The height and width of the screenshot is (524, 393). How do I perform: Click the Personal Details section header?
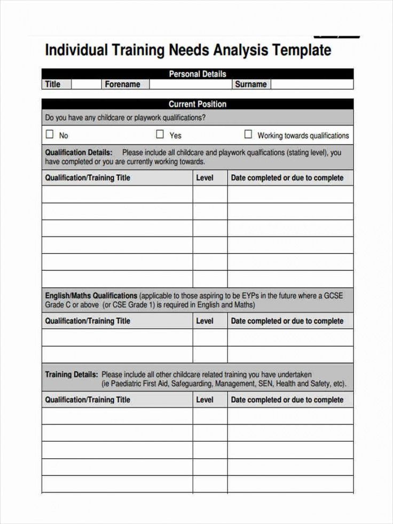click(x=197, y=74)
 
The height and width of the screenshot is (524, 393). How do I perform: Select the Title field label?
click(x=53, y=84)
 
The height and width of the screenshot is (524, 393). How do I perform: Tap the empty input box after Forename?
click(x=190, y=84)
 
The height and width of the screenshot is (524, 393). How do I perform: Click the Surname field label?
click(x=250, y=84)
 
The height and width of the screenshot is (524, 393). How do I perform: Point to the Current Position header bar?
click(x=197, y=104)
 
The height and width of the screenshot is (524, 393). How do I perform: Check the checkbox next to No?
click(x=50, y=135)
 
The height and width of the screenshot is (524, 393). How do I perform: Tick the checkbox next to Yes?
click(x=160, y=135)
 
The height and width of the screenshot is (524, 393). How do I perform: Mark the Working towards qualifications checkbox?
click(x=248, y=135)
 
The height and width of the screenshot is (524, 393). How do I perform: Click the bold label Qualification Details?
click(x=78, y=152)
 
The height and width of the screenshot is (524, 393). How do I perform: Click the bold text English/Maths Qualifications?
click(x=91, y=295)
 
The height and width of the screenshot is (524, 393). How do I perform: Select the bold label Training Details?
click(x=72, y=374)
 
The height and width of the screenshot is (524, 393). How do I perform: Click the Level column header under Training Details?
click(x=205, y=400)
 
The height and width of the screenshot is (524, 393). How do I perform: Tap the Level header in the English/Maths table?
click(x=205, y=321)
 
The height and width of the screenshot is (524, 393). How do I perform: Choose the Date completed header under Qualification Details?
click(x=287, y=178)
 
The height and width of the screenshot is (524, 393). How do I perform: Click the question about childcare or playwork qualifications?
click(x=125, y=118)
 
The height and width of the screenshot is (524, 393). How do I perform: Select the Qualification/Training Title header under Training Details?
click(x=88, y=400)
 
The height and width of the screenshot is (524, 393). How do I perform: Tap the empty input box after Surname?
click(x=311, y=84)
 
